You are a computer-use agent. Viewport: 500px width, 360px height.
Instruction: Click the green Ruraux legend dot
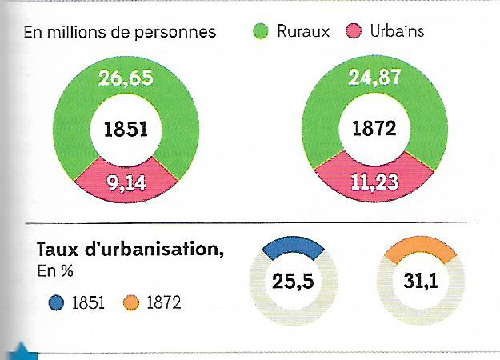(261, 31)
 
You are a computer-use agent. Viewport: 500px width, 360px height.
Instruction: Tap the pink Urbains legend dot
(354, 31)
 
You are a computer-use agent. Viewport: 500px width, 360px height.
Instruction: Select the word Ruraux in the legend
(303, 31)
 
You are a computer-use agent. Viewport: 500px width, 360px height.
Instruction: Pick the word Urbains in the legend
(397, 31)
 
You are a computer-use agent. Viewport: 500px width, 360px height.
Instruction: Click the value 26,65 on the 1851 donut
(126, 78)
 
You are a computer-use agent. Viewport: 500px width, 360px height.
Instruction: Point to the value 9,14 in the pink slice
(126, 182)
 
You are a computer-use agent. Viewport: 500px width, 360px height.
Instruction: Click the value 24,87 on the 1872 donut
(374, 77)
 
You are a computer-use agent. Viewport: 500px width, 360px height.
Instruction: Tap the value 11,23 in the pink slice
(374, 182)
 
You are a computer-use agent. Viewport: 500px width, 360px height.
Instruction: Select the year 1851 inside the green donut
(126, 130)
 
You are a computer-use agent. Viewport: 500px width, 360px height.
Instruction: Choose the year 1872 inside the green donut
(374, 129)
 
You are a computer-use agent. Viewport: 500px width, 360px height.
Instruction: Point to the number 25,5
(293, 282)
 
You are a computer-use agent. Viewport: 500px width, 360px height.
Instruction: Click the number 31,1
(421, 281)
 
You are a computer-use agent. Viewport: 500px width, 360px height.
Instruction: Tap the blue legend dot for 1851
(57, 302)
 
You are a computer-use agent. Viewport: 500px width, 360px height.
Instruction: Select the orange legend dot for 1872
(131, 302)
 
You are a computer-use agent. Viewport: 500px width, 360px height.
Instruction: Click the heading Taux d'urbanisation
(130, 249)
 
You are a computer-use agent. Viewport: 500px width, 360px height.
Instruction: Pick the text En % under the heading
(55, 271)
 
